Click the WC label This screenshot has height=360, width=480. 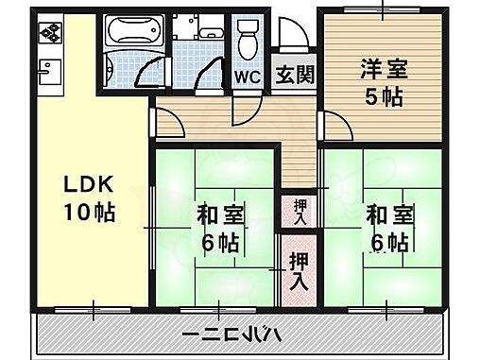coord(248,77)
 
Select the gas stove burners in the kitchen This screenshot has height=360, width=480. coord(48,36)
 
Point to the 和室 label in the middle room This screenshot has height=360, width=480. coord(219,214)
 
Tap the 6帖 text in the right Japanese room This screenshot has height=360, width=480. coord(390,242)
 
